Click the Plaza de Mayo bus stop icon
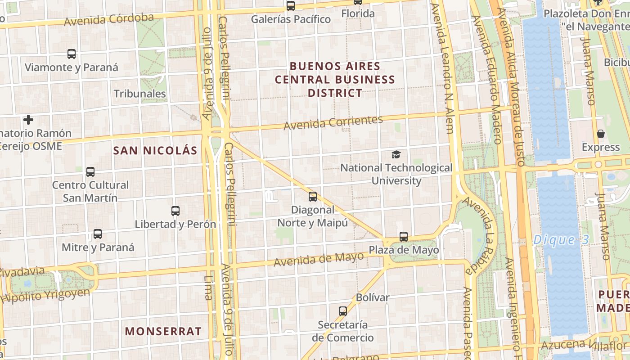pyautogui.click(x=404, y=237)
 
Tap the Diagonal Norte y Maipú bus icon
pyautogui.click(x=313, y=197)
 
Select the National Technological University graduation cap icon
pyautogui.click(x=396, y=155)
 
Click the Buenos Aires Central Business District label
pyautogui.click(x=335, y=80)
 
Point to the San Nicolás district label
pyautogui.click(x=155, y=151)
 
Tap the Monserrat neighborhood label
pyautogui.click(x=163, y=332)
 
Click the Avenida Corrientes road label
pyautogui.click(x=333, y=122)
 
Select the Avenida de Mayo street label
pyautogui.click(x=319, y=259)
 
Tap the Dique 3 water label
pyautogui.click(x=561, y=240)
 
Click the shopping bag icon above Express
pyautogui.click(x=600, y=134)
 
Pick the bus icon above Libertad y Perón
pyautogui.click(x=175, y=211)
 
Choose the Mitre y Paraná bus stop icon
pyautogui.click(x=98, y=234)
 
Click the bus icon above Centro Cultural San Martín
pyautogui.click(x=90, y=172)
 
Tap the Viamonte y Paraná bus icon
pyautogui.click(x=72, y=54)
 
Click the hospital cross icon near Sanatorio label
pyautogui.click(x=28, y=120)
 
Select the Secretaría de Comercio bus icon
pyautogui.click(x=343, y=311)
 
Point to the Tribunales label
pyautogui.click(x=140, y=94)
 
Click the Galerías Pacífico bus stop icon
pyautogui.click(x=291, y=6)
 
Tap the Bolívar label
pyautogui.click(x=373, y=297)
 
